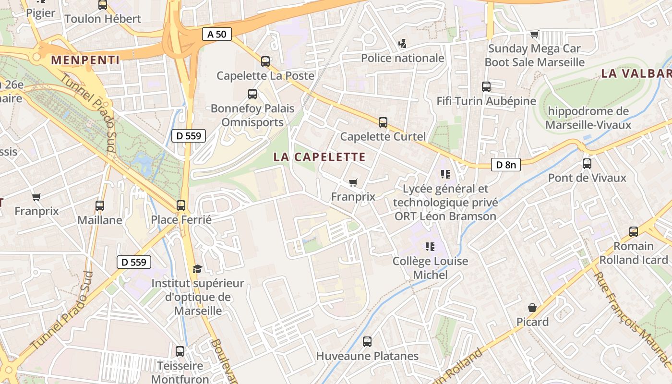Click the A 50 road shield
click(x=217, y=34)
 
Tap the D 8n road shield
click(x=506, y=165)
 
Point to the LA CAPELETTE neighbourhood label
click(x=320, y=157)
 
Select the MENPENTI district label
click(x=85, y=60)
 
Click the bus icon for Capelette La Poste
click(x=265, y=61)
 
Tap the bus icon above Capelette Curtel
click(x=383, y=122)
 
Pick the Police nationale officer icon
click(x=402, y=44)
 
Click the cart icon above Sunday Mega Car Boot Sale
click(x=534, y=35)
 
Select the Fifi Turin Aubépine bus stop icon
click(x=486, y=87)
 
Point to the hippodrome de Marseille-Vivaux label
click(x=588, y=118)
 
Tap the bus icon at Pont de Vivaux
click(x=587, y=164)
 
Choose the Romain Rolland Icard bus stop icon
click(x=633, y=232)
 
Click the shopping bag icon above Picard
click(x=532, y=308)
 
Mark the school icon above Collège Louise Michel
click(x=430, y=247)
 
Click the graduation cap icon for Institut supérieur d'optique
click(x=197, y=269)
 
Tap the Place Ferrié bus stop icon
click(x=181, y=205)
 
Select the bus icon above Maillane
click(x=99, y=206)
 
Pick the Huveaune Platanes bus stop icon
click(x=367, y=342)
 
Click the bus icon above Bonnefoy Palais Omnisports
click(x=252, y=94)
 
